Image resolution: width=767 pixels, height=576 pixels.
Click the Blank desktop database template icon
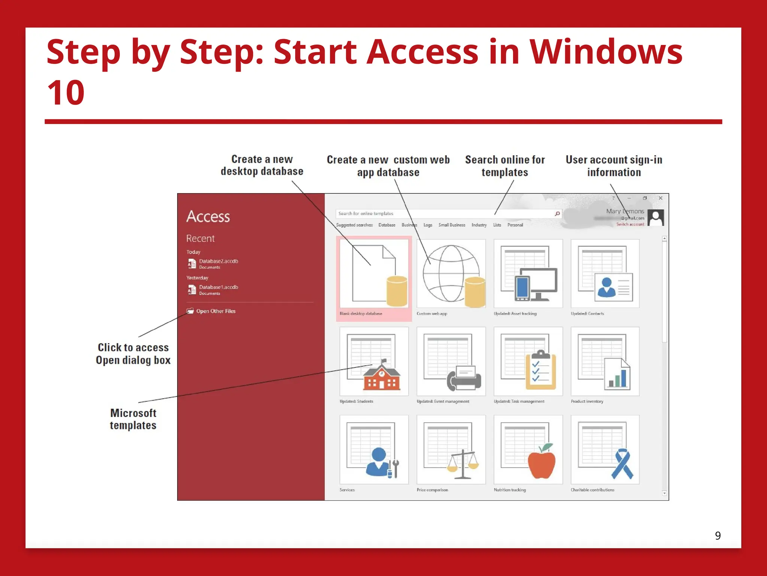tap(374, 274)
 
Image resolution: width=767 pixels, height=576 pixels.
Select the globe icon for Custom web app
tap(451, 274)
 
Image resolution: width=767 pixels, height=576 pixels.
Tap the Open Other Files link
tap(216, 311)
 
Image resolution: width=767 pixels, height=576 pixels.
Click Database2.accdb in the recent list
tap(218, 261)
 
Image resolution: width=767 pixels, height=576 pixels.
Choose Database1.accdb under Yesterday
tap(218, 287)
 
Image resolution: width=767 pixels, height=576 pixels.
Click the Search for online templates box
tap(442, 214)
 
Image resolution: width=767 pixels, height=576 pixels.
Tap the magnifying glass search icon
tap(557, 214)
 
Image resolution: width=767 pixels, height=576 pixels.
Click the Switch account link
tap(630, 225)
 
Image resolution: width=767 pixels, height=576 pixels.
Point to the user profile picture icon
tap(656, 217)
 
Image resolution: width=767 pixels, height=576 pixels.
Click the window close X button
tap(661, 198)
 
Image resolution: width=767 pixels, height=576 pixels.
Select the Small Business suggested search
tap(452, 225)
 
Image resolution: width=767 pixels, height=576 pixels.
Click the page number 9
tap(718, 535)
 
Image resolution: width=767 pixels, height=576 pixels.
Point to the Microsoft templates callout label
tap(133, 419)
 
